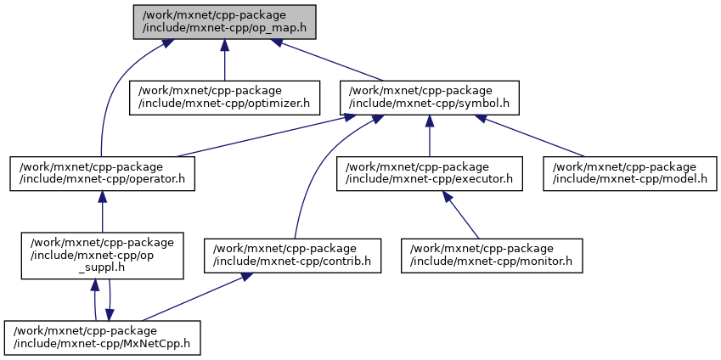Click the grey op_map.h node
[x=224, y=21]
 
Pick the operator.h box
[x=102, y=172]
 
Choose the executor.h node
[x=429, y=172]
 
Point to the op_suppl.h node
[x=102, y=254]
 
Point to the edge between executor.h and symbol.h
[x=429, y=138]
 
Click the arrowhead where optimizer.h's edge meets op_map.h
[x=224, y=45]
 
